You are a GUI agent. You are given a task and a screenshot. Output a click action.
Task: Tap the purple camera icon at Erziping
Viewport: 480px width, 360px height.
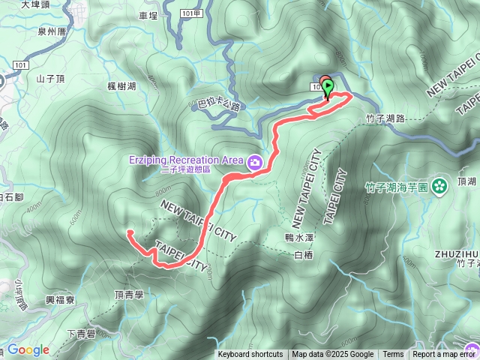(255, 161)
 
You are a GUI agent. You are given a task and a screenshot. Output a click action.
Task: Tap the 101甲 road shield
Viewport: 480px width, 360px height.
(192, 13)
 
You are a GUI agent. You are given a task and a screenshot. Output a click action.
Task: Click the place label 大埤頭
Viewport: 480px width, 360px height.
(35, 5)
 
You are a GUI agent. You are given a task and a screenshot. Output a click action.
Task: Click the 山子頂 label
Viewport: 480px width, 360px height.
(52, 78)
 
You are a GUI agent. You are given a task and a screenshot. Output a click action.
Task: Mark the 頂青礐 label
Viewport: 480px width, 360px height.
(129, 295)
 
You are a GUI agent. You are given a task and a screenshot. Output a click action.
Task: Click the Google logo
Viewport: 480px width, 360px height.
(28, 349)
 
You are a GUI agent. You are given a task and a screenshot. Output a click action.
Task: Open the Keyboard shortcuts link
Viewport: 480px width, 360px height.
(250, 355)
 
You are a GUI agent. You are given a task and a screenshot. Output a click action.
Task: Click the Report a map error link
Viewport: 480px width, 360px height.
(445, 355)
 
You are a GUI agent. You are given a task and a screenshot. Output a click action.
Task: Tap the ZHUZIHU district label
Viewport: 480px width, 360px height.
(456, 253)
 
